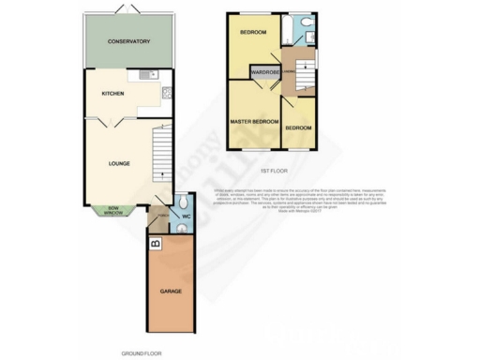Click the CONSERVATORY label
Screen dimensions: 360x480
pos(128,41)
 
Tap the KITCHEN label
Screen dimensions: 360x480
pos(112,94)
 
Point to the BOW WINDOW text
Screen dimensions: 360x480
pos(112,212)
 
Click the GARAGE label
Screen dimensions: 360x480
pos(170,292)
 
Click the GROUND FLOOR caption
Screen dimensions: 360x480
pos(141,352)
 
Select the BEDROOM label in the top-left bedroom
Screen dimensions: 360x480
pos(252,33)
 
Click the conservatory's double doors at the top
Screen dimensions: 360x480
pos(128,8)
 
